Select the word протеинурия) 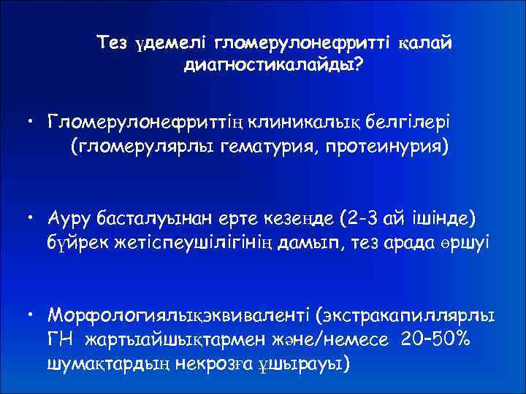pos(391,144)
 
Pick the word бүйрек pos(76,242)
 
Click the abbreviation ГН pos(61,340)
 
